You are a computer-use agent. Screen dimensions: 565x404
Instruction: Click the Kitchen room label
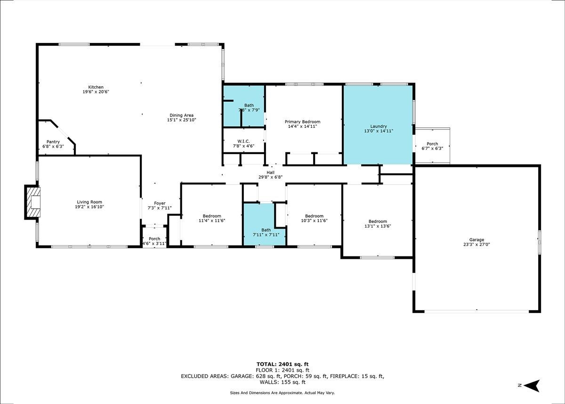pos(96,87)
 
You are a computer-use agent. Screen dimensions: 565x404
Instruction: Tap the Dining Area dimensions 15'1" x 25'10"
pos(182,120)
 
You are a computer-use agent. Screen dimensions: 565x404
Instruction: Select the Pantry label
pos(53,142)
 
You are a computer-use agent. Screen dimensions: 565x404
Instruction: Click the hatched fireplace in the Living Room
pos(33,202)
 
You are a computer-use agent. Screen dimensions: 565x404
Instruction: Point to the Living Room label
pos(89,202)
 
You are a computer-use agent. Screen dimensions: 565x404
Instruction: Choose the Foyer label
pos(160,203)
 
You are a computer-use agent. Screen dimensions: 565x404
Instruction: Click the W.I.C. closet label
pos(243,141)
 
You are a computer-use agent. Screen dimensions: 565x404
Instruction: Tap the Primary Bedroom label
pos(302,122)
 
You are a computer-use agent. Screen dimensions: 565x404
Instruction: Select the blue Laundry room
pos(378,125)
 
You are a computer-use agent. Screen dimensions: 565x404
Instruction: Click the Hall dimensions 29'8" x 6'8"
pos(270,177)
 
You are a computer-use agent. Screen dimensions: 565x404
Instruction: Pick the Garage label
pos(476,240)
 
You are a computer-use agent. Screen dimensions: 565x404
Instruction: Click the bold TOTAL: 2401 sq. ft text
pos(282,364)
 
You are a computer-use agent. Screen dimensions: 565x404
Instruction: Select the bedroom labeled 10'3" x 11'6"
pos(315,214)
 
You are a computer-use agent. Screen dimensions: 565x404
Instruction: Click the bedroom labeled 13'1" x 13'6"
pos(378,221)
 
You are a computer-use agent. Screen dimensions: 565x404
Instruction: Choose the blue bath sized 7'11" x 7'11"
pos(265,224)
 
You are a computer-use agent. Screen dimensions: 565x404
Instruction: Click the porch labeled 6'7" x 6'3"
pos(432,146)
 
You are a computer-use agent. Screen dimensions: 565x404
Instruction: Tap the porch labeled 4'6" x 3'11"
pos(154,237)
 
